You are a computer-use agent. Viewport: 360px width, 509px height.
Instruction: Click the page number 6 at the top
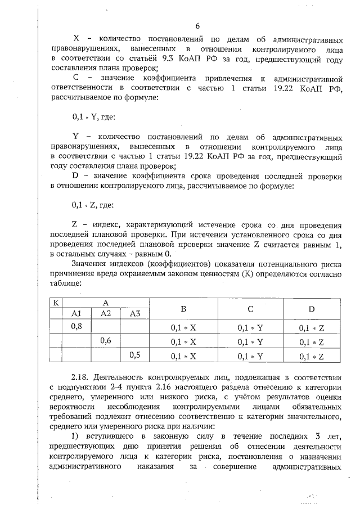click(197, 26)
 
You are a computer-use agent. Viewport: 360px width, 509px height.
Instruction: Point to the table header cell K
click(56, 303)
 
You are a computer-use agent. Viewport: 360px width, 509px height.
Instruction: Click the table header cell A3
click(134, 313)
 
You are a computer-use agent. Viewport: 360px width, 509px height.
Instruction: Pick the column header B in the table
click(183, 309)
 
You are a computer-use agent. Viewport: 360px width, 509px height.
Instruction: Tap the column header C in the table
click(250, 309)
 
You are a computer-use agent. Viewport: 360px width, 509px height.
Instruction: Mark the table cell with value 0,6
click(105, 341)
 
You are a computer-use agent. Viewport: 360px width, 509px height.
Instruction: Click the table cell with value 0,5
click(134, 355)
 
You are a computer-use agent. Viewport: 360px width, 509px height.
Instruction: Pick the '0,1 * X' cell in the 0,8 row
click(183, 327)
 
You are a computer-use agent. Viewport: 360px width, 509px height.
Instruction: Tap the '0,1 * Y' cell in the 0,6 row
click(250, 342)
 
